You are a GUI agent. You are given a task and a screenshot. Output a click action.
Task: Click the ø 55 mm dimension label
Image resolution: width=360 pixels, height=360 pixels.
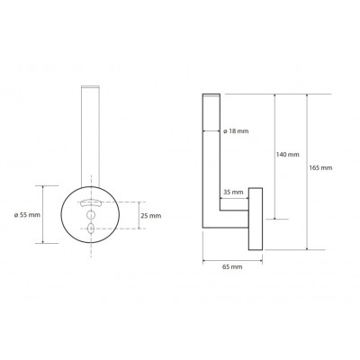(x=27, y=215)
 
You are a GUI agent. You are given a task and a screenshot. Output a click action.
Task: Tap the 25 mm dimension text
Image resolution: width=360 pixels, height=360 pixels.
(x=151, y=216)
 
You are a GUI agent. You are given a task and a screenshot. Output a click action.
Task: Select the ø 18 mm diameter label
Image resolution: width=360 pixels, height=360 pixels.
(x=237, y=131)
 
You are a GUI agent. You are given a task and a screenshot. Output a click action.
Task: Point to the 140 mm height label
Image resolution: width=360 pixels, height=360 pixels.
(x=287, y=155)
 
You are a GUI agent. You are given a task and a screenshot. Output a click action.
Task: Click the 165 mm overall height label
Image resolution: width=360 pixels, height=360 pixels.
(x=320, y=167)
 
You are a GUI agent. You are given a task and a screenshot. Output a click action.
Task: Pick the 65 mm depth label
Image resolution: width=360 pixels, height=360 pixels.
(x=232, y=266)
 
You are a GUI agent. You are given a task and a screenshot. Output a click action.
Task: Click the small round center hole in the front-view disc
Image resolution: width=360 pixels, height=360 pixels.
(x=91, y=215)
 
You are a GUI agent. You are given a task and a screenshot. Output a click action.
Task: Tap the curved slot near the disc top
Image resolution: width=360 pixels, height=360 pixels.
(x=91, y=202)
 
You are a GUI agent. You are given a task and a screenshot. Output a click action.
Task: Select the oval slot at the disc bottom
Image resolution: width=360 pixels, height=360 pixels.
(x=91, y=229)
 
